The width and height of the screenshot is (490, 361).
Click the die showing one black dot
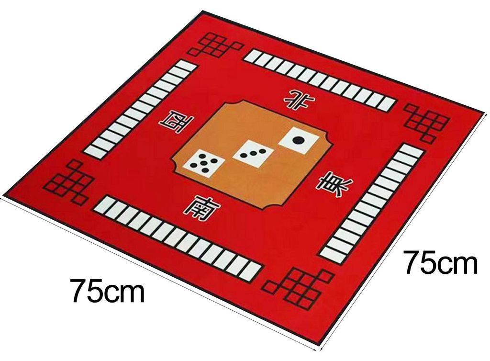click(x=299, y=141)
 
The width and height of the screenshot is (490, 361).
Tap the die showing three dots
click(x=253, y=154)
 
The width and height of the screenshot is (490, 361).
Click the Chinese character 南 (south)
click(x=200, y=207)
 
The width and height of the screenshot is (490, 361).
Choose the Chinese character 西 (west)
click(x=176, y=121)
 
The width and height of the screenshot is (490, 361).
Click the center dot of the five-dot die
click(x=204, y=163)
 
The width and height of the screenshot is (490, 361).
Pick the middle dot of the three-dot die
click(x=253, y=154)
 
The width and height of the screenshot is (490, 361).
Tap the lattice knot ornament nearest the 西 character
click(x=69, y=181)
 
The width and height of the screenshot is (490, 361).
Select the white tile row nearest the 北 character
click(x=320, y=79)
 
